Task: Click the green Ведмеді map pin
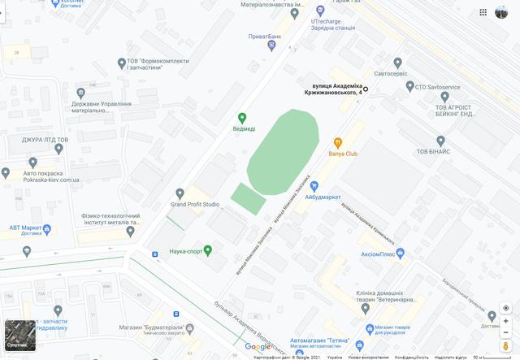pos(241,118)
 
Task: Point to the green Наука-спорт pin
pos(208,249)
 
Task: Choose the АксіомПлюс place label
pos(378,254)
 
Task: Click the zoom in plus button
pos(505,321)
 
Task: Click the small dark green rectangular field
pos(248,197)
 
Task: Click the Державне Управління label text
pos(102,107)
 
